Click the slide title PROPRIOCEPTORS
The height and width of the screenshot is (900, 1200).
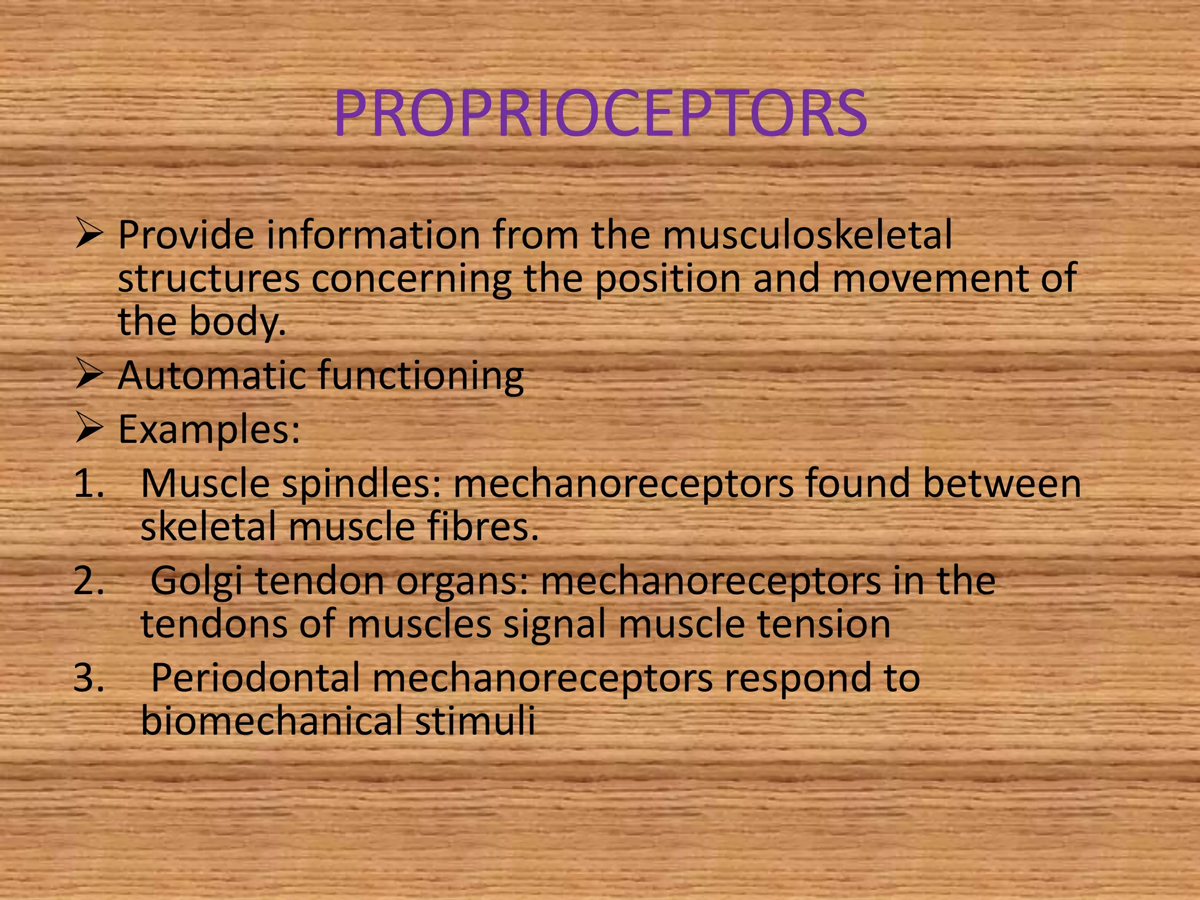[600, 113]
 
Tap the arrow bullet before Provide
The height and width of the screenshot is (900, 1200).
[90, 236]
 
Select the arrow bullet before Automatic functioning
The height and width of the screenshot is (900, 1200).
[90, 376]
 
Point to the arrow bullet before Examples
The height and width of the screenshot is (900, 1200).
[90, 430]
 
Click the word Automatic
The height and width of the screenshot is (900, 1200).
[212, 376]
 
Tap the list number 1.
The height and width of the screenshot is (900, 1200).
[88, 484]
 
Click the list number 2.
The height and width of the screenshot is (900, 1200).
[88, 581]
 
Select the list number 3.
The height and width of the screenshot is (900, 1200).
[88, 678]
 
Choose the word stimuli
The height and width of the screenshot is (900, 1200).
[475, 721]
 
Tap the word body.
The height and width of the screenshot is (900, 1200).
[238, 322]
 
